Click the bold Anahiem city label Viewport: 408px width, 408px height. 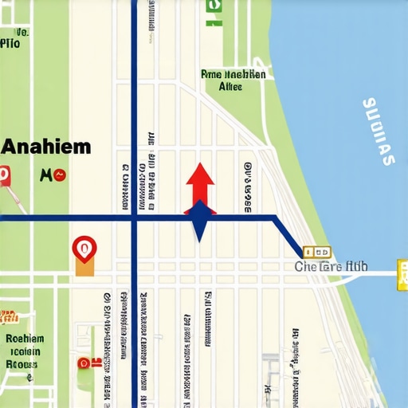click(x=46, y=147)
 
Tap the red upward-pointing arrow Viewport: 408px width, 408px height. click(x=199, y=182)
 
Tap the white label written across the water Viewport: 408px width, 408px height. click(x=378, y=131)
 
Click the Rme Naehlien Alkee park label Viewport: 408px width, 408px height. click(x=233, y=80)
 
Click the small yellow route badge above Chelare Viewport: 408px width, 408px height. click(x=317, y=251)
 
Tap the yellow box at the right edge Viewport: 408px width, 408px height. click(x=402, y=269)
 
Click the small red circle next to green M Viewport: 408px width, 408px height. click(x=61, y=175)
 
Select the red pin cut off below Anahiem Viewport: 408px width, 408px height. click(x=5, y=176)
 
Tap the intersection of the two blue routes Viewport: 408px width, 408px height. click(x=134, y=217)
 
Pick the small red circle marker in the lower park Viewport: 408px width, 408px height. click(x=83, y=363)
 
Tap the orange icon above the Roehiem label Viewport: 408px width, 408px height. click(x=8, y=317)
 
